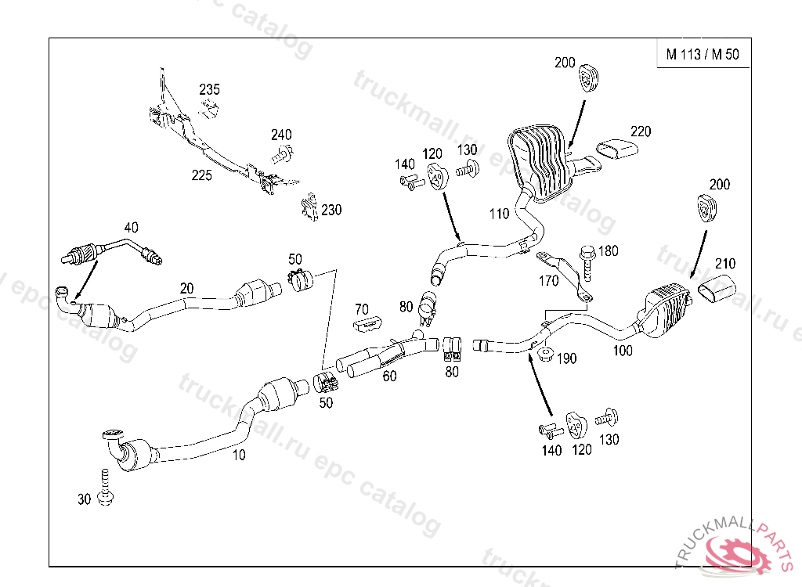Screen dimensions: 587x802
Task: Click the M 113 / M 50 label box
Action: click(703, 55)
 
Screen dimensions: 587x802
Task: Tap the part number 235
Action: click(209, 89)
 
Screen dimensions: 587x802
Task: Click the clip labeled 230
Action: click(309, 207)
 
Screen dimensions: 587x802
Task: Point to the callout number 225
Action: click(202, 175)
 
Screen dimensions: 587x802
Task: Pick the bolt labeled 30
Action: click(106, 488)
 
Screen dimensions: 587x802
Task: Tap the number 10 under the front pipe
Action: click(239, 455)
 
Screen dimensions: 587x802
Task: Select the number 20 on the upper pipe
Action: click(186, 288)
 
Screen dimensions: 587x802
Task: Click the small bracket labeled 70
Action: click(367, 323)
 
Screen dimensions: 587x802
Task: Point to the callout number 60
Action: click(389, 376)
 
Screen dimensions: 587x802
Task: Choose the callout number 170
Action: click(547, 279)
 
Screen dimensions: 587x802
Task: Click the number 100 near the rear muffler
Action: click(623, 351)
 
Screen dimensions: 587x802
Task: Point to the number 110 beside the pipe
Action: click(500, 213)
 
